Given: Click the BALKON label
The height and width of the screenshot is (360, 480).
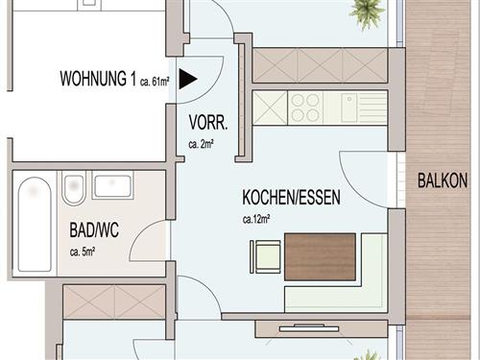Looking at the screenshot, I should tap(443, 180).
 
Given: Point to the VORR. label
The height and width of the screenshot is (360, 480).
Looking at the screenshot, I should tap(207, 123).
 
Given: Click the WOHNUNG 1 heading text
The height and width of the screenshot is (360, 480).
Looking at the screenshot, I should tap(97, 78).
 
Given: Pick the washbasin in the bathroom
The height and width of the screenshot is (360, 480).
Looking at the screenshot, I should tap(112, 186).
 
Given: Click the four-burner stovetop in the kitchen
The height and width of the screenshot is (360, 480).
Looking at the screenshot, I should tap(306, 107).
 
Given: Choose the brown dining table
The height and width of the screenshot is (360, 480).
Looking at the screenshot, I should tap(320, 255).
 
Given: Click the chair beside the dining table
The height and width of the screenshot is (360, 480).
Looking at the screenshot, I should tap(266, 256).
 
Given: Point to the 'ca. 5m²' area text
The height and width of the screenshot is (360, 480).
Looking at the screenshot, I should tap(87, 252).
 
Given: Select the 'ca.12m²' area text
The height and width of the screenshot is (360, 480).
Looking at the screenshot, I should tap(256, 219).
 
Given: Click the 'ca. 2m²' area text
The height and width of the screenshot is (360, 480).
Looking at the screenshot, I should tap(201, 145).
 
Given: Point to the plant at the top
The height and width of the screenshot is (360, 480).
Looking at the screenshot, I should tap(367, 11).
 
